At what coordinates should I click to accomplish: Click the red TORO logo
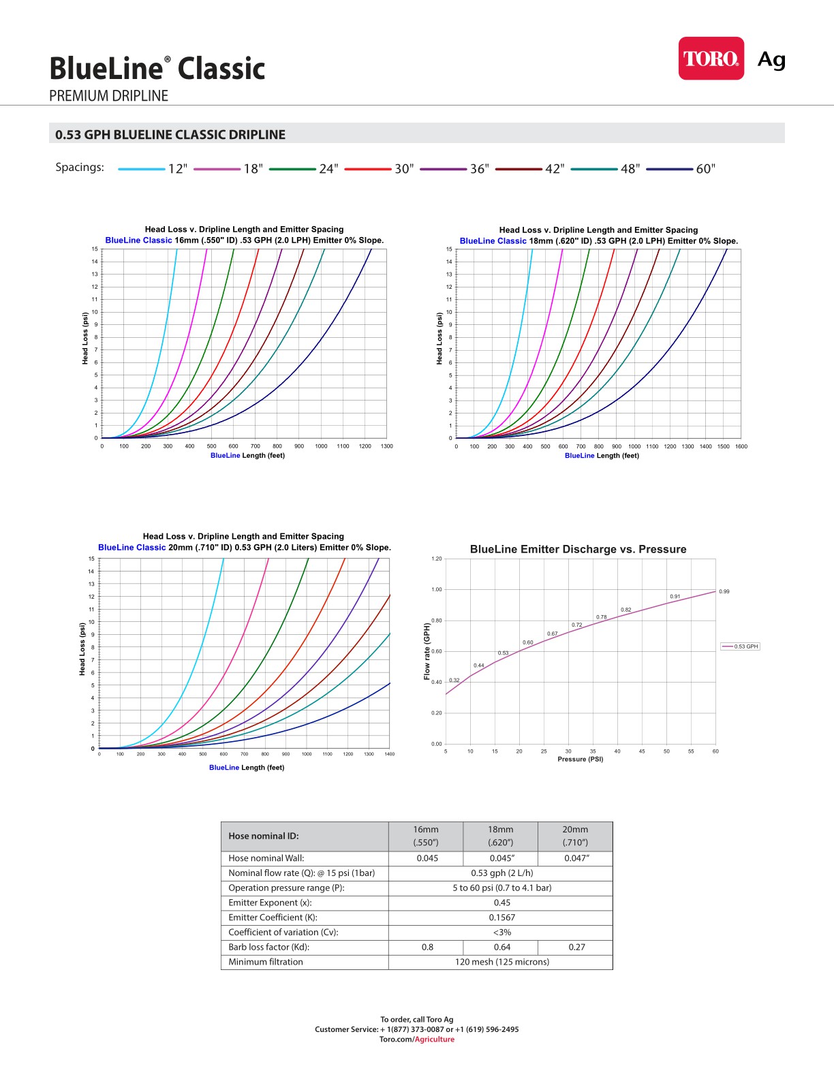point(711,59)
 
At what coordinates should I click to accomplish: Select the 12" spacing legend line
point(142,169)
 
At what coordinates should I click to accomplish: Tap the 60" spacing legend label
point(706,169)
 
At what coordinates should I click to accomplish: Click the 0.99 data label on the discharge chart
point(724,591)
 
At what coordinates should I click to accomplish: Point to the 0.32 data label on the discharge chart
point(454,680)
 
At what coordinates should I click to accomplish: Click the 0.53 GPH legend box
point(740,646)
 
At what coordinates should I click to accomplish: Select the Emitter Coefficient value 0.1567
point(501,918)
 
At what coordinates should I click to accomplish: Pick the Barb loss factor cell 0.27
point(576,947)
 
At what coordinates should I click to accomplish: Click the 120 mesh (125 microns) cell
point(501,962)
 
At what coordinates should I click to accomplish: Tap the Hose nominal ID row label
point(264,836)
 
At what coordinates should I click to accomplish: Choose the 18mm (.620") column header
point(500,836)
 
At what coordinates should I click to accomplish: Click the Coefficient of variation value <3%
point(501,933)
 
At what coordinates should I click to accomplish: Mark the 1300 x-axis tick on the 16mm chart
point(386,446)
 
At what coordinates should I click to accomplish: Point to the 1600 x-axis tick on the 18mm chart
point(741,447)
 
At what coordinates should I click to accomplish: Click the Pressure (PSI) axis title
point(580,759)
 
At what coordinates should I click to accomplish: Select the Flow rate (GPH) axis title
point(427,651)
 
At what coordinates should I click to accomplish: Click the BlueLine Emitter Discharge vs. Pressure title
point(578,549)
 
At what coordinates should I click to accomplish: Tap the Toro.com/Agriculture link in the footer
point(417,1039)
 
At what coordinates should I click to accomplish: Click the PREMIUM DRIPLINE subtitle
point(108,96)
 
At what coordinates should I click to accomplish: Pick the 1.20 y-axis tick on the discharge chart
point(436,559)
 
